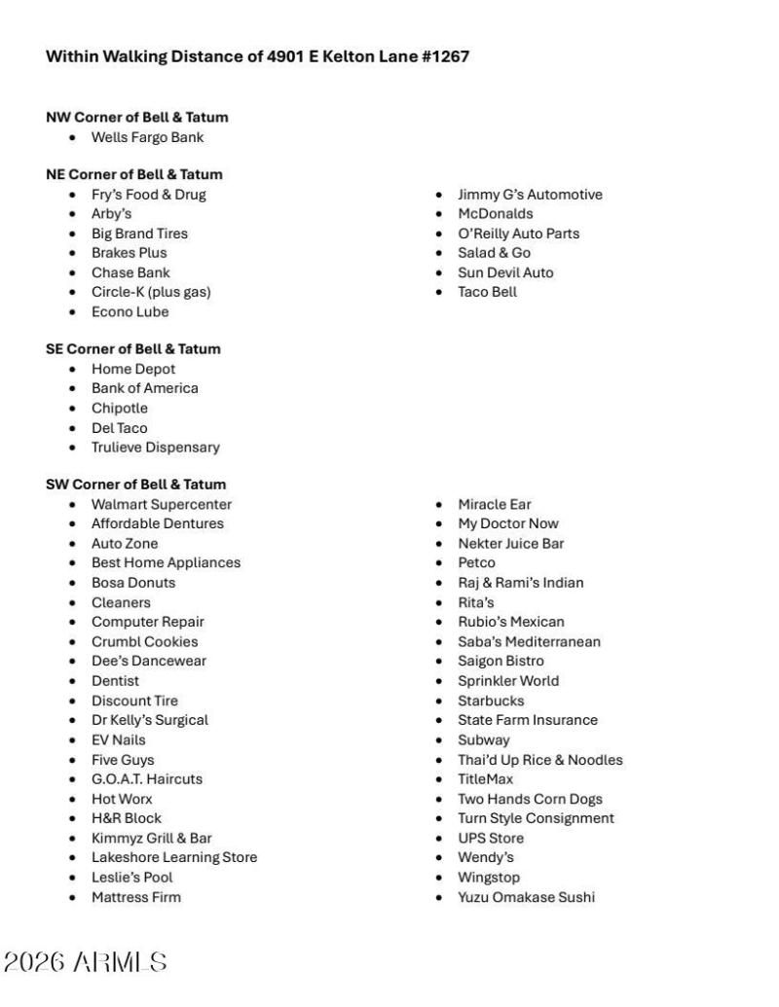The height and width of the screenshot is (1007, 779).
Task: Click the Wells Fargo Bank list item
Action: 147,137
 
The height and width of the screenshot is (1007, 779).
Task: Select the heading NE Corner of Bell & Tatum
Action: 134,174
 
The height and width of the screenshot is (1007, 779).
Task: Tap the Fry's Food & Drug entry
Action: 148,195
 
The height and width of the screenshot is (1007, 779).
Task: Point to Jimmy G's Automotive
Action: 530,195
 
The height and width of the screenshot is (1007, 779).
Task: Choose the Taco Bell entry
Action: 487,292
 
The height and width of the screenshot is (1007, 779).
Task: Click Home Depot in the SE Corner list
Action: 133,369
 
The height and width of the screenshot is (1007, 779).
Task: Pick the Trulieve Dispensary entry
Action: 156,448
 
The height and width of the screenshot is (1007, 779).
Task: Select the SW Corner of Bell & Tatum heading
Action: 135,485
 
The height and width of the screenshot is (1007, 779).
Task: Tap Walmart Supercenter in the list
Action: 162,504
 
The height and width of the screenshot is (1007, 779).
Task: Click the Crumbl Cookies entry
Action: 144,641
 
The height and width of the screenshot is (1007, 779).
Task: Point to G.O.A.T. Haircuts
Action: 147,779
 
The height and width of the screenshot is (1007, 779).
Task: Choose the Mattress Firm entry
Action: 136,897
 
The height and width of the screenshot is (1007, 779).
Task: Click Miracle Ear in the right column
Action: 495,504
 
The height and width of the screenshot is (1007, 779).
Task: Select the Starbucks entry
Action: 491,701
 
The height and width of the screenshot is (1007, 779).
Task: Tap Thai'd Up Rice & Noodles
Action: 540,760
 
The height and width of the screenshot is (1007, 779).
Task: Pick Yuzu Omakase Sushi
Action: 526,897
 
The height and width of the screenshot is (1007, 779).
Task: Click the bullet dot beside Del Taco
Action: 73,428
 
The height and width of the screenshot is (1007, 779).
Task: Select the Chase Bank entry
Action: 130,272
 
